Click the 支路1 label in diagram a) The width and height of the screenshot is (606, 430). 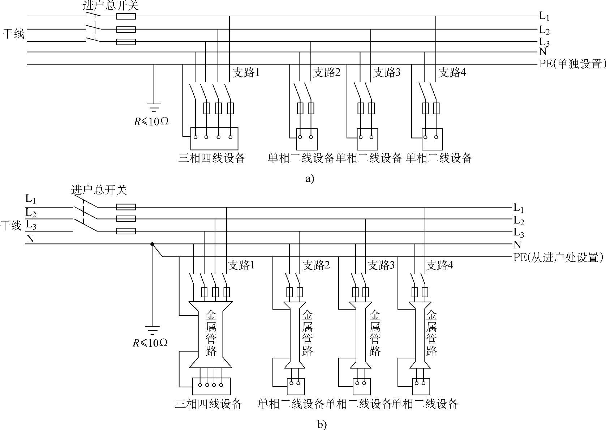click(x=246, y=73)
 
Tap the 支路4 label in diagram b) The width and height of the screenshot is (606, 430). click(x=440, y=266)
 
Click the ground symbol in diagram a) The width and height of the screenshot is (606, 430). click(x=154, y=107)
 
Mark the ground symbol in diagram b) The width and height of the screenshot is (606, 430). click(x=152, y=329)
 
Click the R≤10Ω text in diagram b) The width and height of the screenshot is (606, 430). click(x=150, y=343)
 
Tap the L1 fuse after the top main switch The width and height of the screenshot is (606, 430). click(x=126, y=16)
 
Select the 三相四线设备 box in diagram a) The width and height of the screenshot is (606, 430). click(x=215, y=138)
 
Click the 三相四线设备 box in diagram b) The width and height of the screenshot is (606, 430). click(x=211, y=386)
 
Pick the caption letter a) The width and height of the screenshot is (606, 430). click(x=310, y=179)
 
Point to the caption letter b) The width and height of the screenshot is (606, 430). click(x=322, y=424)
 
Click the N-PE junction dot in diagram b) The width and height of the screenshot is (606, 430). click(x=152, y=244)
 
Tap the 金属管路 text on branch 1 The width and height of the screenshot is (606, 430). click(x=211, y=333)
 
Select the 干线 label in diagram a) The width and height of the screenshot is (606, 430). click(x=13, y=34)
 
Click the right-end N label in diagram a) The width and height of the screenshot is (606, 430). click(x=542, y=52)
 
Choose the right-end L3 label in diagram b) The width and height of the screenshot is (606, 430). click(x=519, y=233)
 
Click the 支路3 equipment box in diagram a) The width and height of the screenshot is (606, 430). click(x=368, y=139)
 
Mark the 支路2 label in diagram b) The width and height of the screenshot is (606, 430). click(x=316, y=266)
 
